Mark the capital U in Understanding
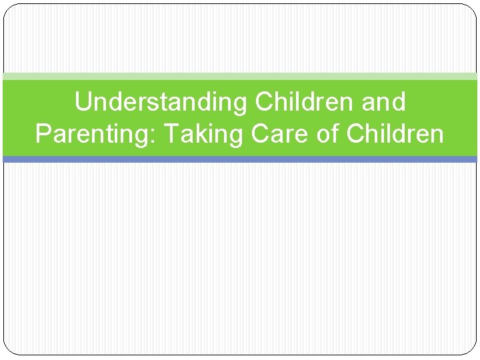[83, 103]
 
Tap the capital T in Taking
[171, 134]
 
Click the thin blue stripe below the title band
[240, 159]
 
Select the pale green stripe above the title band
[240, 77]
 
